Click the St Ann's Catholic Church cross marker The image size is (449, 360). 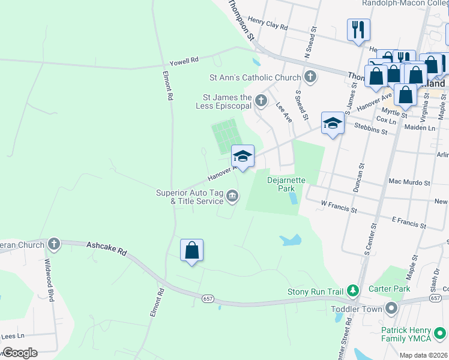coord(310,77)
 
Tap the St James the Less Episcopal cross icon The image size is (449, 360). coord(261,100)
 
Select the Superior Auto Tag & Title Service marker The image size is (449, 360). coord(232,195)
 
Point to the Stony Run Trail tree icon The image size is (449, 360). coord(353,292)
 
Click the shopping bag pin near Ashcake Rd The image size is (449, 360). coord(191,250)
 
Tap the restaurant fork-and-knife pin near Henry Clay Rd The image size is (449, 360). coord(358,29)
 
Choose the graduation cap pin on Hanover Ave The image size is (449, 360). coord(243,157)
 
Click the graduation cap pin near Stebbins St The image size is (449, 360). coord(333,124)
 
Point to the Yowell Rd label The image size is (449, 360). coord(184,61)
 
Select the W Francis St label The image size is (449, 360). coord(339,208)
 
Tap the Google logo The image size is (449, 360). coord(19,353)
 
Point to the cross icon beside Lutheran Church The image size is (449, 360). coord(54,244)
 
